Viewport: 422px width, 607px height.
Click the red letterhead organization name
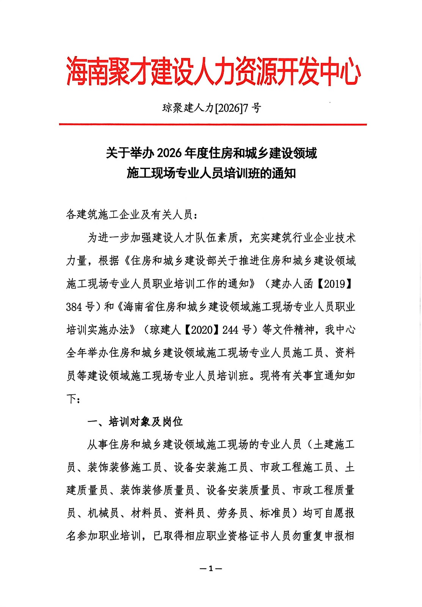pos(213,71)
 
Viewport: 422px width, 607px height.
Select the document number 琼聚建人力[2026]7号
pos(212,108)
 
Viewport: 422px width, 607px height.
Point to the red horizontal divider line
pos(213,124)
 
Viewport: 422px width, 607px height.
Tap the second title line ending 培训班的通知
pos(211,173)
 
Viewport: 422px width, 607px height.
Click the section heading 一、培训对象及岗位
pos(135,421)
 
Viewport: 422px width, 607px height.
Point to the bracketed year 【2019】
pos(334,284)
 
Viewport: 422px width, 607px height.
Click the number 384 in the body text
pos(74,307)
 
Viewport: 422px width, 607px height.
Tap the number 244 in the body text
pos(230,330)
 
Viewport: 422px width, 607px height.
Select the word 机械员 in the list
pos(103,513)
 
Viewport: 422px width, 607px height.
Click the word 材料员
pos(146,513)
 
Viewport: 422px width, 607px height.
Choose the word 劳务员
pos(232,513)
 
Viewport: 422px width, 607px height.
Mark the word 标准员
pos(275,513)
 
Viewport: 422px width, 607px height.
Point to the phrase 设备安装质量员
pos(243,490)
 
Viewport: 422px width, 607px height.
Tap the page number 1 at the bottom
pos(211,569)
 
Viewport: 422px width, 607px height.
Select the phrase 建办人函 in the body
pos(292,284)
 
